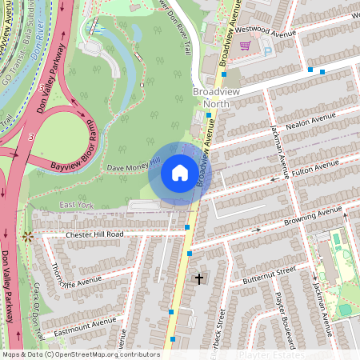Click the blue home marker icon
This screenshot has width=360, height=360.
(x=180, y=173)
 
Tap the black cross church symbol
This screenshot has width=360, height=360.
(x=199, y=279)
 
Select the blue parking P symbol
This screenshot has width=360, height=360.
(x=268, y=49)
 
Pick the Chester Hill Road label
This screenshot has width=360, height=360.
(x=84, y=234)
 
